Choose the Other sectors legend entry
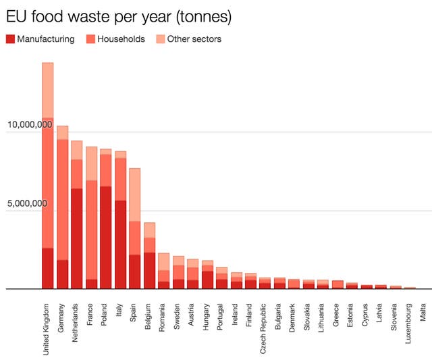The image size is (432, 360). (188, 39)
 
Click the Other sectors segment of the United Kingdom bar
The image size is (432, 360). (47, 91)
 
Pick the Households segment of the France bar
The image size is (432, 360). (91, 230)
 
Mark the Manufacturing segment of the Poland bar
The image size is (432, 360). (106, 237)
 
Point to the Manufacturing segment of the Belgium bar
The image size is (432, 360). (149, 270)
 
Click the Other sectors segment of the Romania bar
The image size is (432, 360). (164, 261)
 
